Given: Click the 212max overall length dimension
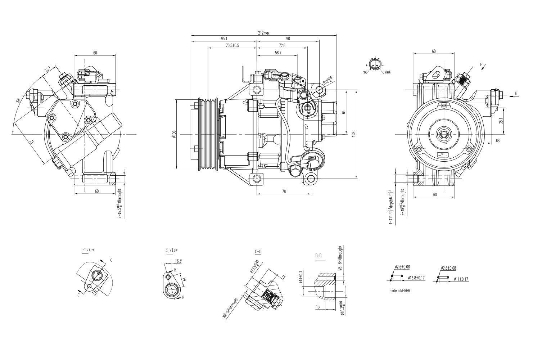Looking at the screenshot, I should pos(263,33).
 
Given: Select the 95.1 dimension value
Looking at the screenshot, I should pos(224,39).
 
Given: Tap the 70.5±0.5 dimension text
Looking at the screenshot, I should pos(232,45).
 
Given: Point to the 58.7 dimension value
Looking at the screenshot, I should pos(278,53).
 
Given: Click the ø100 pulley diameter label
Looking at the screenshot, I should pos(174,134).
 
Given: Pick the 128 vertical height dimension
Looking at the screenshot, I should pos(354,134).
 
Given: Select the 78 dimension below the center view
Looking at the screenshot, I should pos(284,192).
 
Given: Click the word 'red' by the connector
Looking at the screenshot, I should pos(365,72).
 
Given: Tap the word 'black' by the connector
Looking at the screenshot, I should pos(387,72).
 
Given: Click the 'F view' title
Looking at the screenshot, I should pos(88,249).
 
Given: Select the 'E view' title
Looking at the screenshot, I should pos(171,250).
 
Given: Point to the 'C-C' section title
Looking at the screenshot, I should pos(258,252).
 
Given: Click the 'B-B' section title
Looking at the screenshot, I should pos(318,256).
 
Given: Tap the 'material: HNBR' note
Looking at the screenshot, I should pos(399,291).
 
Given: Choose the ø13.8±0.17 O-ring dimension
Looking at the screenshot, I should pos(417,278).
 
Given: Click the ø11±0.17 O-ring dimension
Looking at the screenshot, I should pos(461,279).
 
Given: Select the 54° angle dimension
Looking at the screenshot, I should pos(18,100).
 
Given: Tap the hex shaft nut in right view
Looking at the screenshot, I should pos(442,134).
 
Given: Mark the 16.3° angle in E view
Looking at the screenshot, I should pos(178,261).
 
